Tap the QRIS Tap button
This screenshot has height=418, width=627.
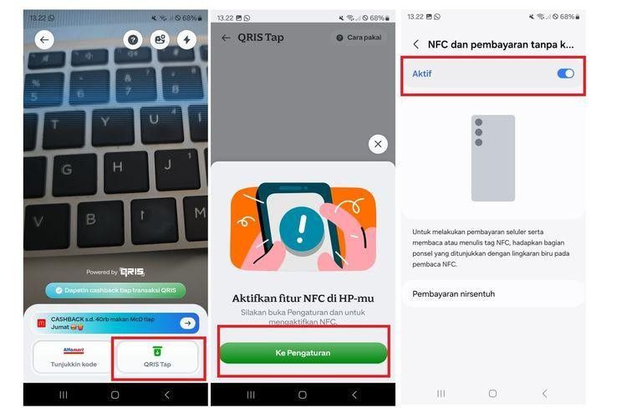pyautogui.click(x=158, y=357)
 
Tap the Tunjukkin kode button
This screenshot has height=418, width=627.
pyautogui.click(x=74, y=357)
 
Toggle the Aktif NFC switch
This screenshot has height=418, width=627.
pyautogui.click(x=566, y=74)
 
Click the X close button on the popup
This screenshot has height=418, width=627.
pyautogui.click(x=378, y=144)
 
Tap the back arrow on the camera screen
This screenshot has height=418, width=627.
pyautogui.click(x=44, y=39)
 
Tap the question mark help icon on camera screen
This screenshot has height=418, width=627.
pyautogui.click(x=133, y=39)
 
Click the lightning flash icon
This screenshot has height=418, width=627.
pyautogui.click(x=186, y=39)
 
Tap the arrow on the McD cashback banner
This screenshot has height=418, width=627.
pyautogui.click(x=188, y=324)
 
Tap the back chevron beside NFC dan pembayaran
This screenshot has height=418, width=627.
pyautogui.click(x=416, y=44)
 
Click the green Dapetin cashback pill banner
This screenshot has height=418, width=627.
pyautogui.click(x=115, y=290)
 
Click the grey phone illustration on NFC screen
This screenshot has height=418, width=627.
pyautogui.click(x=492, y=158)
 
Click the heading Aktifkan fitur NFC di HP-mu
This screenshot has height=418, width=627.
pyautogui.click(x=302, y=298)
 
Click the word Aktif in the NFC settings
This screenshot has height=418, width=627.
pyautogui.click(x=422, y=74)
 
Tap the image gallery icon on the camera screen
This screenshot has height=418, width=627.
pyautogui.click(x=159, y=39)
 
